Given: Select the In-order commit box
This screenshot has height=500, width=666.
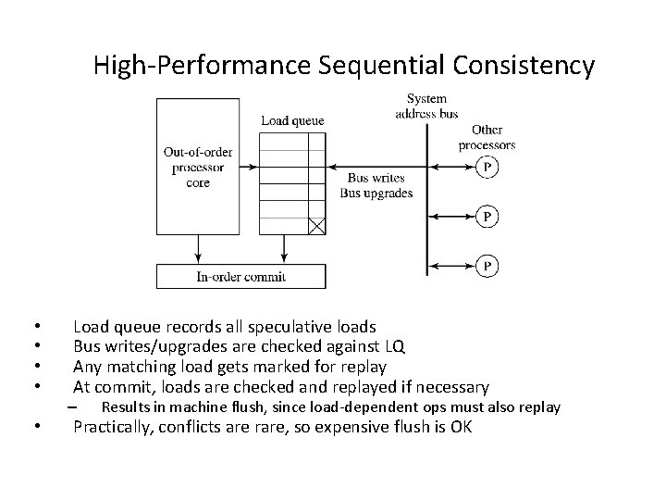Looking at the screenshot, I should (x=240, y=276).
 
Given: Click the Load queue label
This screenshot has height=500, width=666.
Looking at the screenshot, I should (x=292, y=120).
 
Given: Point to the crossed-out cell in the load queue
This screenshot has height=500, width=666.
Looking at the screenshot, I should (x=316, y=225).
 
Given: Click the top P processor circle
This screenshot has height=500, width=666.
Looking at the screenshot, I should (x=487, y=168).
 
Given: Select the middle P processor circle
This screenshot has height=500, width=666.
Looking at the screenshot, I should (x=487, y=217).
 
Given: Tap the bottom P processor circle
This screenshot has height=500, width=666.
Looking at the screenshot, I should (x=487, y=266).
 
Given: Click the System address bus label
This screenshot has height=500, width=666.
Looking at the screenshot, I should (x=426, y=106).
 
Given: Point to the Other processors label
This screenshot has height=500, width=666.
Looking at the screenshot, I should (x=487, y=137).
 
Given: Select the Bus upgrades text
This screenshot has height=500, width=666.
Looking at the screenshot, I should (x=376, y=193).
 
